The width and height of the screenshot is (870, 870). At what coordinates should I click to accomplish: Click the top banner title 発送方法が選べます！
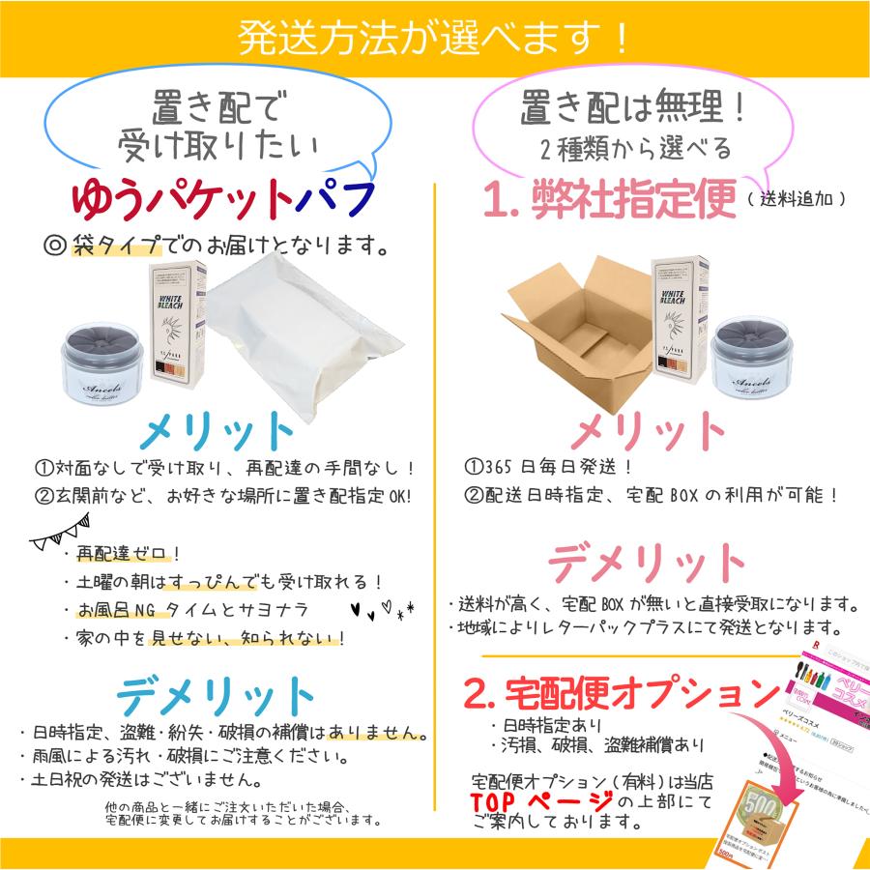click(x=435, y=38)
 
